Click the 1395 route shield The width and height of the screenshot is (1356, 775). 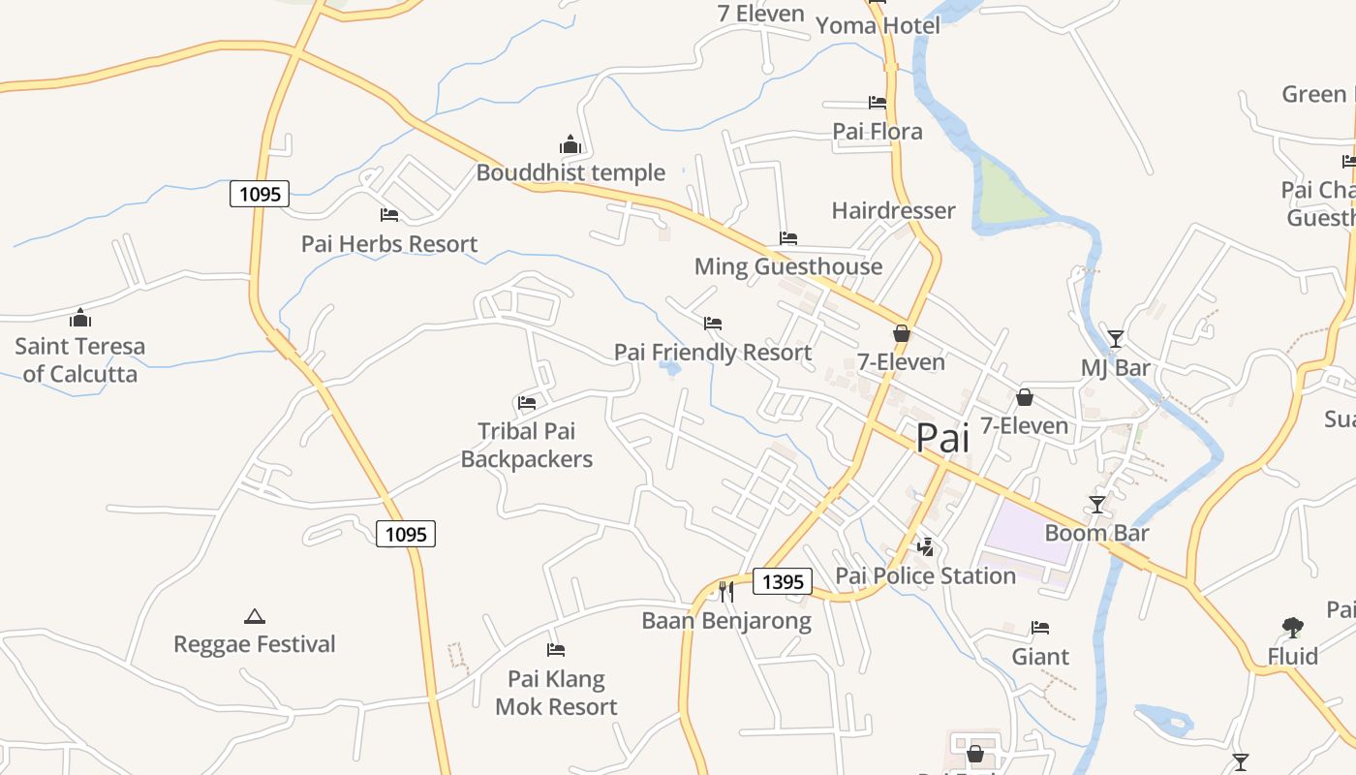[783, 581]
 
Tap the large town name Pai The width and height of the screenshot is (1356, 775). [942, 438]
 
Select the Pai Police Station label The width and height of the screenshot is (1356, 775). [925, 575]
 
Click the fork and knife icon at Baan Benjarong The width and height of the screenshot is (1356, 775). [725, 590]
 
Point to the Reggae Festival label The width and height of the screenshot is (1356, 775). [254, 644]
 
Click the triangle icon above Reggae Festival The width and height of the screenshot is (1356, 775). [254, 616]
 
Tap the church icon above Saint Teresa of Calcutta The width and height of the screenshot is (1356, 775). [80, 318]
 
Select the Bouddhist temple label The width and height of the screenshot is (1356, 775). [570, 172]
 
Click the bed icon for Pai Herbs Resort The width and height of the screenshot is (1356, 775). [389, 215]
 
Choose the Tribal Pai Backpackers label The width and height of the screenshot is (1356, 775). [526, 445]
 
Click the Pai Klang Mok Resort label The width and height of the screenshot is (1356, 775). [556, 693]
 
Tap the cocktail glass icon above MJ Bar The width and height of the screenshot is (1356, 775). [1116, 339]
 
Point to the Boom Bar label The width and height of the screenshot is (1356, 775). [1096, 533]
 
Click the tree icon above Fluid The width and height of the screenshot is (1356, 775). [1292, 628]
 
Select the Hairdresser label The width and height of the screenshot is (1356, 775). [893, 210]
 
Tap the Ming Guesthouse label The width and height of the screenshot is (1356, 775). [788, 266]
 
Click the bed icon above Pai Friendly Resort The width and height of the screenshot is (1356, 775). [713, 323]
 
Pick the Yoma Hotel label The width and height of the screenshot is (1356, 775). [878, 25]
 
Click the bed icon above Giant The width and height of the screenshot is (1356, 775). [1040, 628]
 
